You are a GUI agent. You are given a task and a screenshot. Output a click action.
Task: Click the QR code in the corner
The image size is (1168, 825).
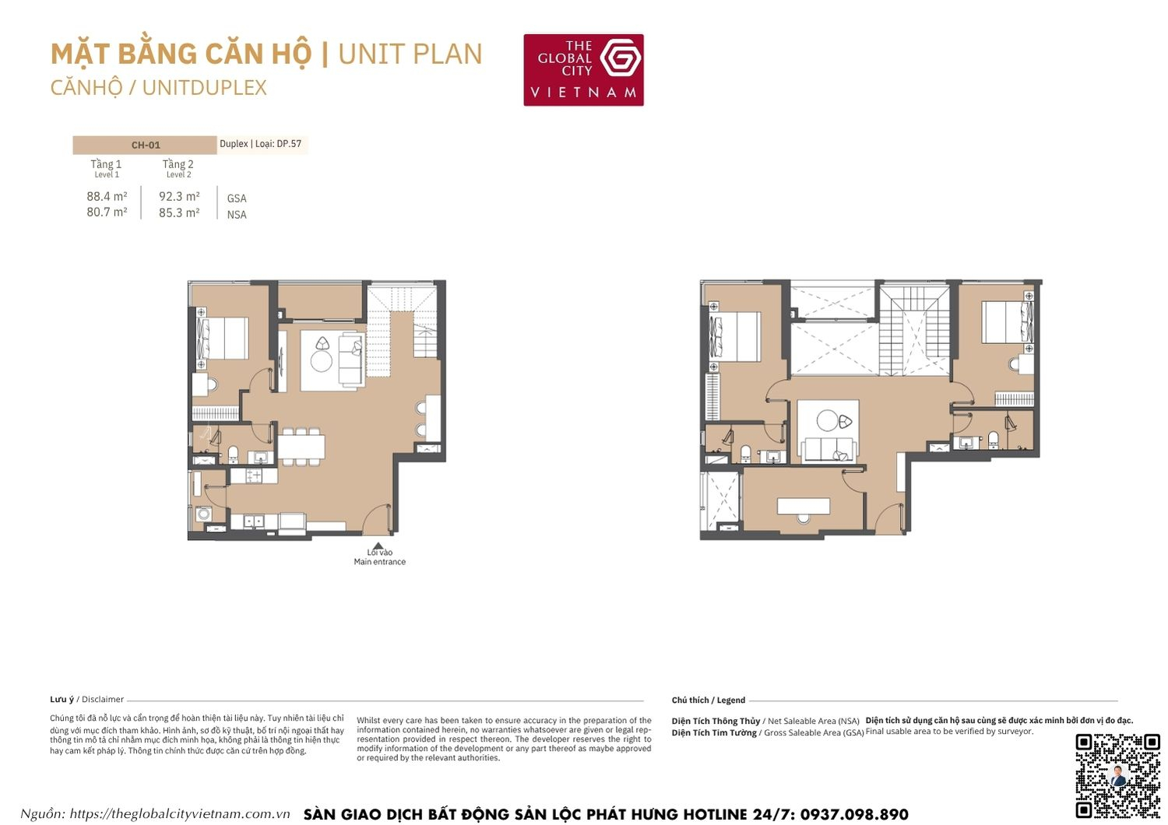[1117, 776]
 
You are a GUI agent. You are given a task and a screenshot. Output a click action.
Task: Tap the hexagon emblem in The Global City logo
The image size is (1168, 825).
[621, 58]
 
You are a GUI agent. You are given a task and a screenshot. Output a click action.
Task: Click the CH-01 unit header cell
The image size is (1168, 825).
[145, 145]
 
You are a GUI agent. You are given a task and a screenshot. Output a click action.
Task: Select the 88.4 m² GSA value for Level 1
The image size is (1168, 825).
[107, 196]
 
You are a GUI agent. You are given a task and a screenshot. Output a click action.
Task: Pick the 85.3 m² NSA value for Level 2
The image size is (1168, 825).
[179, 212]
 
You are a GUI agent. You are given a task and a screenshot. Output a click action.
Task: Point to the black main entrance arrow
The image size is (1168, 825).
[378, 546]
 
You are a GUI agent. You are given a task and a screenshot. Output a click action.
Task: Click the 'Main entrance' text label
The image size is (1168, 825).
[379, 562]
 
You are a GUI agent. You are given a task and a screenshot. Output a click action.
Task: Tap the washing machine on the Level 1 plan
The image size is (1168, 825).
[203, 514]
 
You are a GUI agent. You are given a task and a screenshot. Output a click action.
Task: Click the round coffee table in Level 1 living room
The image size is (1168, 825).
[322, 361]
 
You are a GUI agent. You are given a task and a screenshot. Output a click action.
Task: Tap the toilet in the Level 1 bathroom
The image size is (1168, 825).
[233, 453]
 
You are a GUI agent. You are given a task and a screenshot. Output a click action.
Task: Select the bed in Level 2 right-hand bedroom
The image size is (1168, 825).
[1008, 321]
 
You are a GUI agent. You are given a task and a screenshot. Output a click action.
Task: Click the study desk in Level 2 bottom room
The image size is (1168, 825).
[804, 506]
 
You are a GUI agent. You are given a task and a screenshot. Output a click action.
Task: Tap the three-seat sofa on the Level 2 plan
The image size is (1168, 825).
[829, 449]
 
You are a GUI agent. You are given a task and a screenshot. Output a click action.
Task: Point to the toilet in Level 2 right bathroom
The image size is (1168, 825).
[993, 440]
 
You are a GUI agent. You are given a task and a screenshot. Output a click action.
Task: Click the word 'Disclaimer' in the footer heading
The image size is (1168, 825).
[103, 699]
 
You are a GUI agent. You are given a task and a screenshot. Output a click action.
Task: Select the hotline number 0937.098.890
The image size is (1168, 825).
[853, 814]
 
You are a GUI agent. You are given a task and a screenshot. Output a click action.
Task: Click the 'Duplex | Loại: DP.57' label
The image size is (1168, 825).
[260, 144]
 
